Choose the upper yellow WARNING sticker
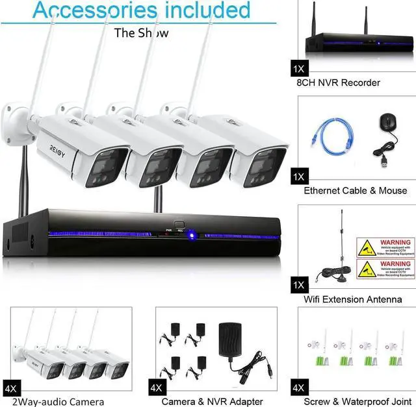[x=385, y=247]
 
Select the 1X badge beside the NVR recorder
[x=300, y=68]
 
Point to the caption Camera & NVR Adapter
[x=212, y=402]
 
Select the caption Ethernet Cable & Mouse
[x=355, y=190]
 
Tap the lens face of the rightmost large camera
[x=266, y=165]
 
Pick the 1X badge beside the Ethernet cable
[x=300, y=176]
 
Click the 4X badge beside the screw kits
[x=300, y=388]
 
